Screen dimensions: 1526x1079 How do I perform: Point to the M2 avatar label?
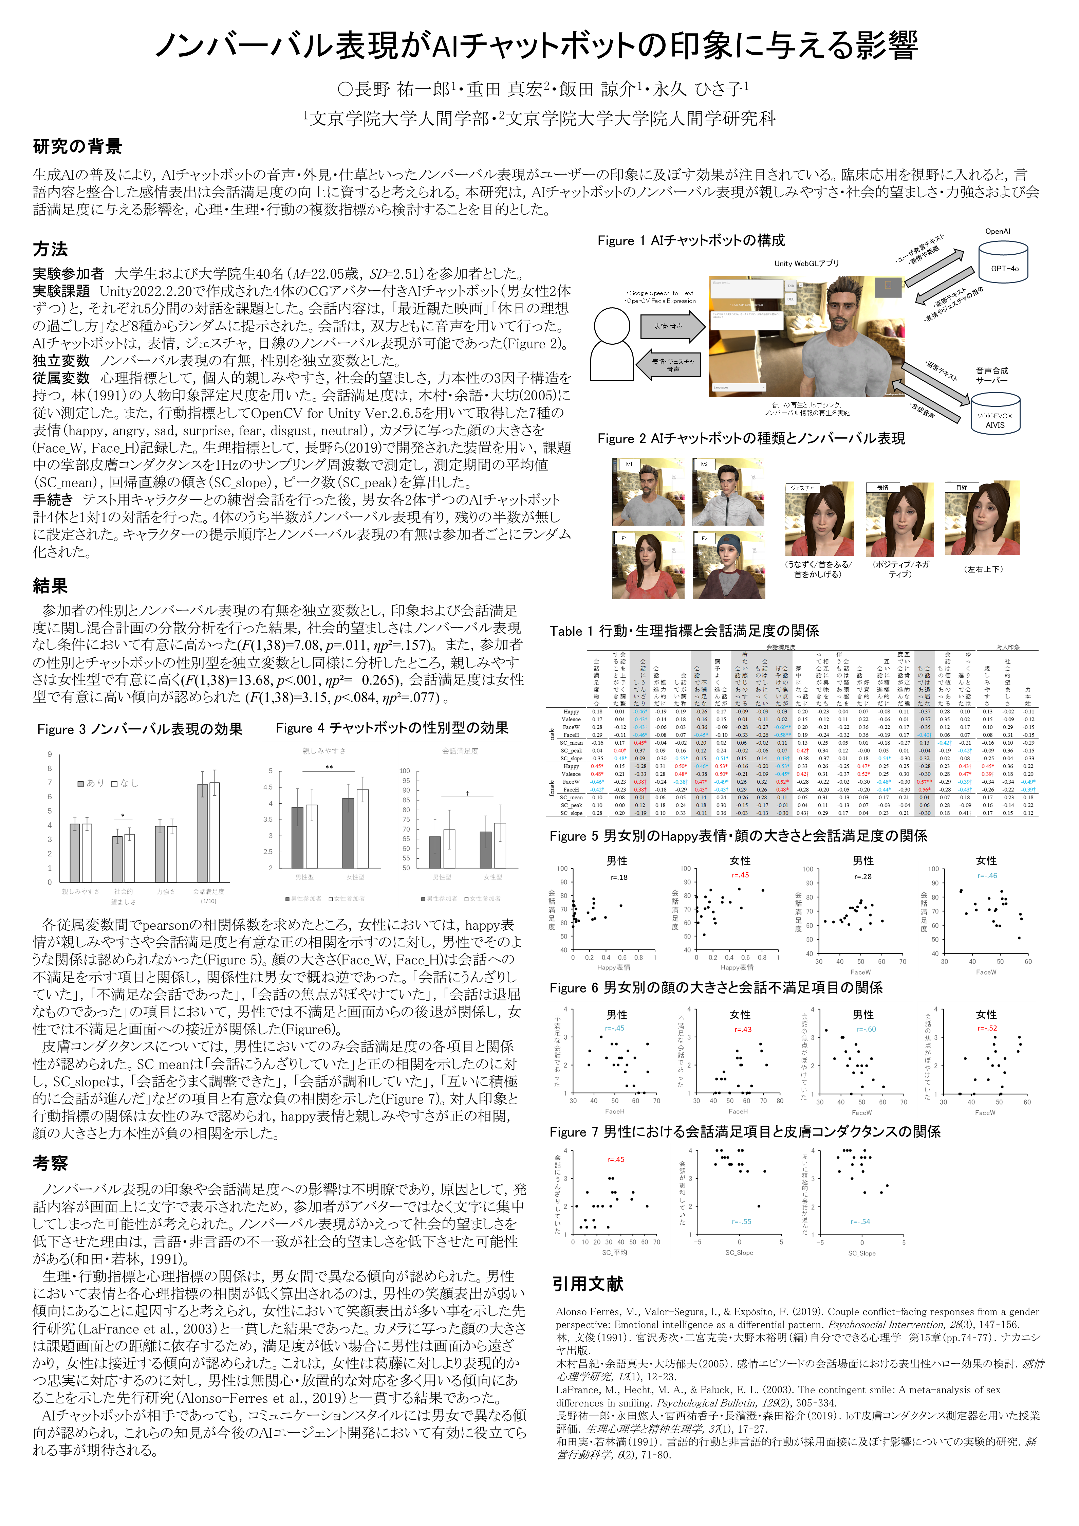click(x=704, y=464)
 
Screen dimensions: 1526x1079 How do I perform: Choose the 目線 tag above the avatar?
click(x=962, y=488)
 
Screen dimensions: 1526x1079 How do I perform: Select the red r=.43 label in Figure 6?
click(x=743, y=1030)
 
